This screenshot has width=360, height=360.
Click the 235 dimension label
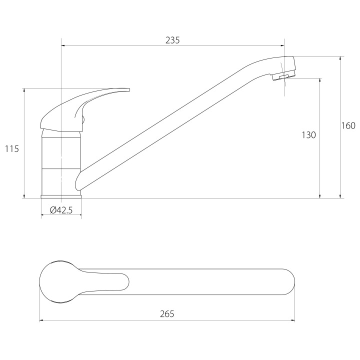point(172,40)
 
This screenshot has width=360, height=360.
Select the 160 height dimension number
point(348,125)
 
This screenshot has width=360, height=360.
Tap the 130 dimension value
point(308,135)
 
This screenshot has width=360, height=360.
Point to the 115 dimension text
point(11,149)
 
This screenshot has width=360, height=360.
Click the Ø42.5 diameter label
point(61,210)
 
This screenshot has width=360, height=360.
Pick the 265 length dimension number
point(167,314)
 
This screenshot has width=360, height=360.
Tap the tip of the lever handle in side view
point(129,89)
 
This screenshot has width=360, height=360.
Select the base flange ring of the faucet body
point(61,196)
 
